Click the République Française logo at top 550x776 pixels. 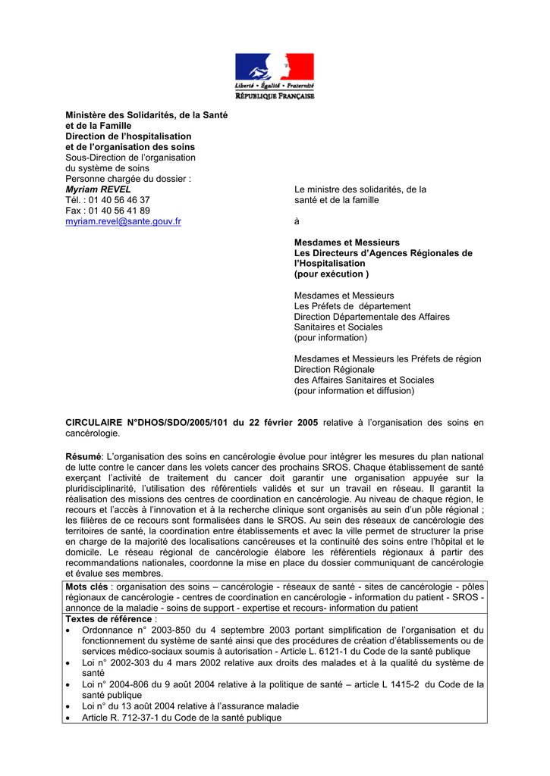(274, 76)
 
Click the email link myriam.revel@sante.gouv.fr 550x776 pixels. (123, 221)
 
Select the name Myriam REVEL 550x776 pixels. (99, 189)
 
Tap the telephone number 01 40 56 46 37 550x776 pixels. (119, 200)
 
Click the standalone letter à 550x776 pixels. (297, 221)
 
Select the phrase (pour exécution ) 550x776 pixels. (332, 274)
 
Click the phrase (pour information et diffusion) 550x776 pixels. (354, 390)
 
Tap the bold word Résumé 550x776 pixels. (83, 457)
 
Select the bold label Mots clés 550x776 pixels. (87, 587)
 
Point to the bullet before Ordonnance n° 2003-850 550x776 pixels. (70, 630)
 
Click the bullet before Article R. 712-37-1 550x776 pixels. (70, 718)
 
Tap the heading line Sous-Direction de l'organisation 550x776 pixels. (130, 158)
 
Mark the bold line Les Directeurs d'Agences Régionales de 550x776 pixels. (383, 253)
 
